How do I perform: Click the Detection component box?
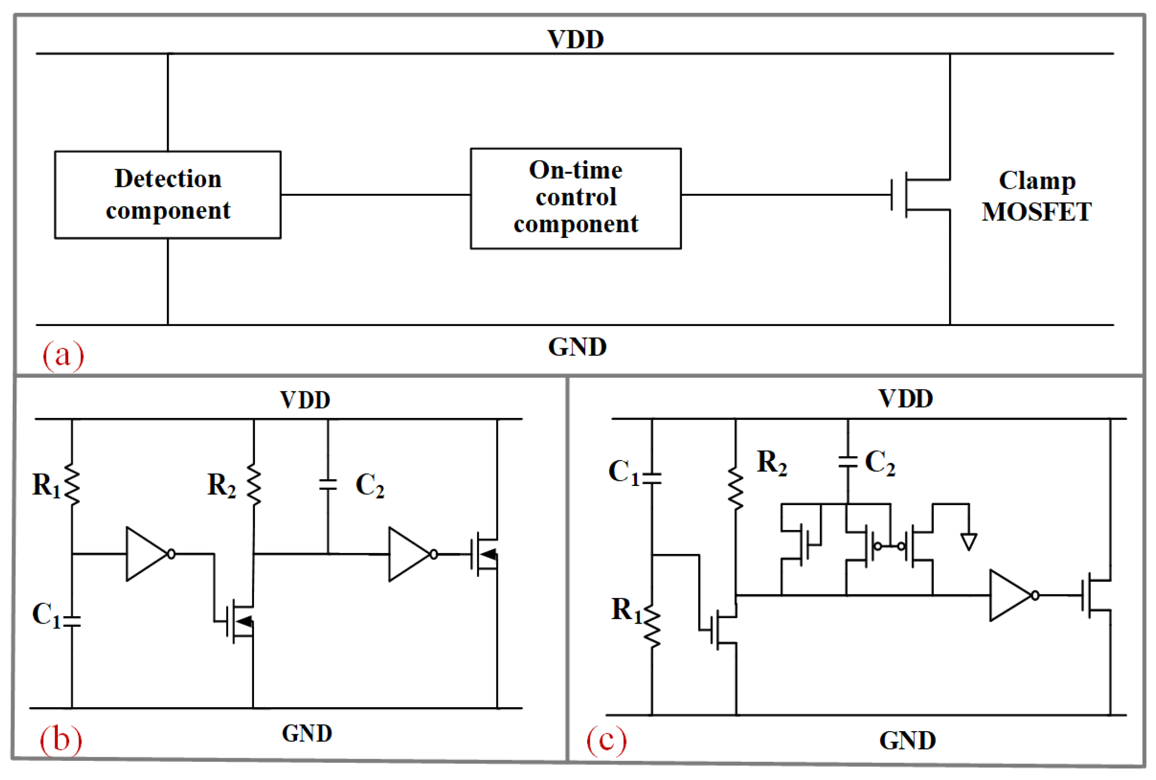[x=167, y=195]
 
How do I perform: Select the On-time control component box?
[x=575, y=198]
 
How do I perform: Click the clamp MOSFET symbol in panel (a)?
[x=920, y=195]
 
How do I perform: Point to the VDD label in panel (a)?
[x=575, y=39]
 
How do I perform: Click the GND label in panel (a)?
[x=577, y=347]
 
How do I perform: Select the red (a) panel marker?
[x=63, y=355]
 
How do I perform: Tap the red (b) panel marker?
[x=61, y=739]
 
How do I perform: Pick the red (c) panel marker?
[x=606, y=739]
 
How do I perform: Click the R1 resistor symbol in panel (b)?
[x=72, y=485]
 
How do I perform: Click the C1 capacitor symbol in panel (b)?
[x=72, y=621]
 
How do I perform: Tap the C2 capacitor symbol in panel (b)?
[x=328, y=485]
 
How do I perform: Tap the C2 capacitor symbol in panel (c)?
[x=847, y=462]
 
